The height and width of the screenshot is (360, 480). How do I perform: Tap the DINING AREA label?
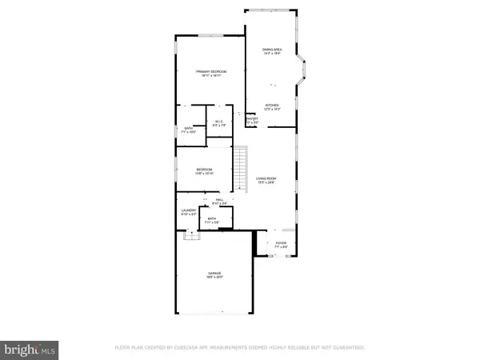pos(273,51)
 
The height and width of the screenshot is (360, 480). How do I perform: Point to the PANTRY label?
pos(251,120)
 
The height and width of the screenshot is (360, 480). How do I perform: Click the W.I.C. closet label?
pos(218,123)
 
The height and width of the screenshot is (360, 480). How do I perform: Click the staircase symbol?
pos(239,166)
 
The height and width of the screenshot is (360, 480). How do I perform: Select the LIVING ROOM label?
pos(266,180)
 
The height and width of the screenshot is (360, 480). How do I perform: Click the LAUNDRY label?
pos(187,213)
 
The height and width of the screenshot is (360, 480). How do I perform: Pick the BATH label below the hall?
pos(212,221)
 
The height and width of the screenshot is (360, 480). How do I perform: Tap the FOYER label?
pos(281,244)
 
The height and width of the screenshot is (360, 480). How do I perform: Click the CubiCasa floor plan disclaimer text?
pos(239,349)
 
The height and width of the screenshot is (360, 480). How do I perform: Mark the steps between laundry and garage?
pos(190,235)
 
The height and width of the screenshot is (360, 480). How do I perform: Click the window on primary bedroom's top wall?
pos(211,35)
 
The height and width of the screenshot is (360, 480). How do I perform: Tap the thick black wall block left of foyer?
pos(256,245)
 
